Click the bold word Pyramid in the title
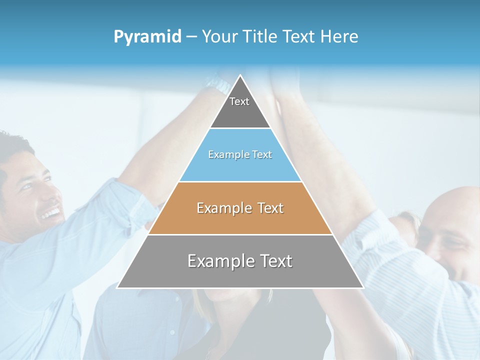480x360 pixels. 147,37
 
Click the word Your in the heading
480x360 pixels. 219,36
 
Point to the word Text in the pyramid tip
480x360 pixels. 239,101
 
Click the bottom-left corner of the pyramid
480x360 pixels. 117,287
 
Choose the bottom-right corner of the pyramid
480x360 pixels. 363,287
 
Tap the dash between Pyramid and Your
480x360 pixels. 191,37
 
